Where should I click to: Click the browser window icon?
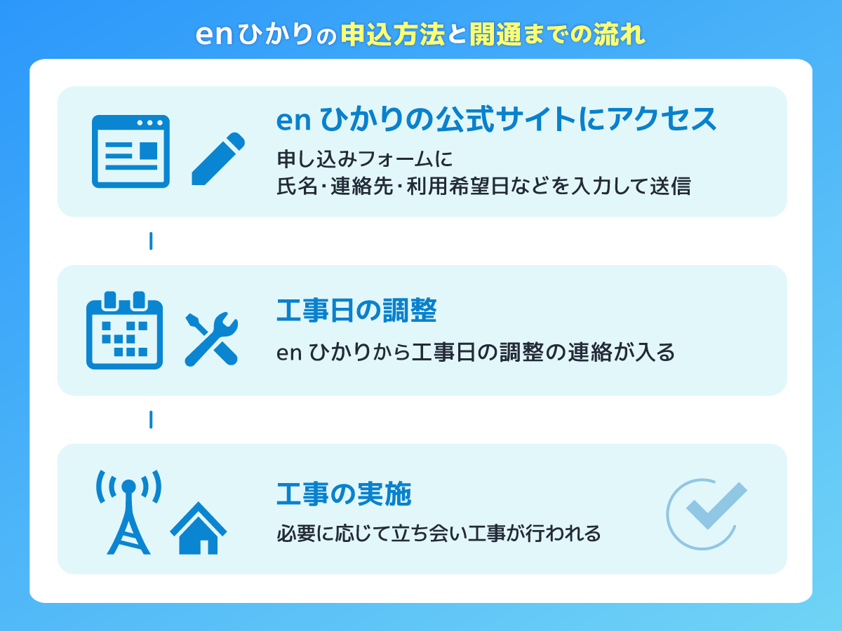tap(131, 151)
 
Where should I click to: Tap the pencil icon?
tap(218, 158)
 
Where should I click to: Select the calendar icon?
tap(124, 330)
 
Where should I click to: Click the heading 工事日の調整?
tap(356, 311)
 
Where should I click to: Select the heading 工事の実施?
tap(344, 495)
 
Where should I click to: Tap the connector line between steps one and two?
tap(151, 241)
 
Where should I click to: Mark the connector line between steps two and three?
tap(151, 420)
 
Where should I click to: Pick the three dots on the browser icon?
tap(149, 123)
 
